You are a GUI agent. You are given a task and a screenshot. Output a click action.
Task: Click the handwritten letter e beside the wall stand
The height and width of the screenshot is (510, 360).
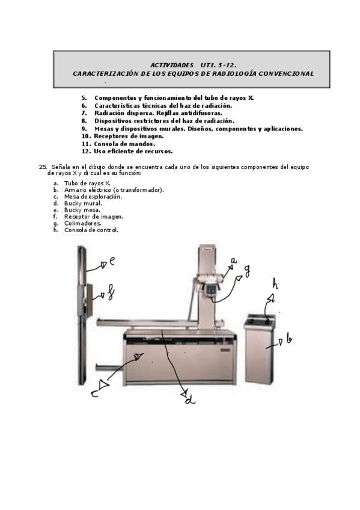(111, 261)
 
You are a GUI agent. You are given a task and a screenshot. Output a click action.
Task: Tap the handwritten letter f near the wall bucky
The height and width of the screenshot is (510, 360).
(111, 292)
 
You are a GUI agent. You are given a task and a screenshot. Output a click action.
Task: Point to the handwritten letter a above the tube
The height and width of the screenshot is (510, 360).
(234, 260)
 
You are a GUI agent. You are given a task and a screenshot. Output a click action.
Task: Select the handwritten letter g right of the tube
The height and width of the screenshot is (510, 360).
(247, 271)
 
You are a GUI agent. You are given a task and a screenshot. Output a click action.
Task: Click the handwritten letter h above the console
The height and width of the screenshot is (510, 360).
(275, 284)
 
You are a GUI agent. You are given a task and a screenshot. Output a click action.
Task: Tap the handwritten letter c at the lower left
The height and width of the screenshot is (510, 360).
(94, 394)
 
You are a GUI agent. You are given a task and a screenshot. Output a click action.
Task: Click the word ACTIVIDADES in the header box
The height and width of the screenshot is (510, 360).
(172, 66)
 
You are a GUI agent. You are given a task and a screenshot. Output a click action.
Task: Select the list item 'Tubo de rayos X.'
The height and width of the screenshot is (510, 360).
(87, 183)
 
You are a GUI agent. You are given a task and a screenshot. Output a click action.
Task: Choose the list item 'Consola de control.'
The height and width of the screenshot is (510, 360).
(91, 230)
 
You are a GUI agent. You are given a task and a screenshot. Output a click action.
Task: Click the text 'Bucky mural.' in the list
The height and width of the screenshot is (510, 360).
(83, 204)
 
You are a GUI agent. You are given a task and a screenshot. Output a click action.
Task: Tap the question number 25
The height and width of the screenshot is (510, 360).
(43, 167)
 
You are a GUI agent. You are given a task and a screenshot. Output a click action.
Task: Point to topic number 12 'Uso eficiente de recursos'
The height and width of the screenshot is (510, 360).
(127, 151)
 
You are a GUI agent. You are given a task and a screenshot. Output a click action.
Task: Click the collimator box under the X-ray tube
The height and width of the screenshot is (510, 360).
(210, 289)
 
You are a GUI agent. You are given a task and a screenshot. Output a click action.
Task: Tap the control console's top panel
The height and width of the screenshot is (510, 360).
(260, 321)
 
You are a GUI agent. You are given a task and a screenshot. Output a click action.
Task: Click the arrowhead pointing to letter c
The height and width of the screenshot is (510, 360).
(104, 384)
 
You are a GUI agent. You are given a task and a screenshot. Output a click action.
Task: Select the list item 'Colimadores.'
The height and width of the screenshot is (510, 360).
(83, 224)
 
